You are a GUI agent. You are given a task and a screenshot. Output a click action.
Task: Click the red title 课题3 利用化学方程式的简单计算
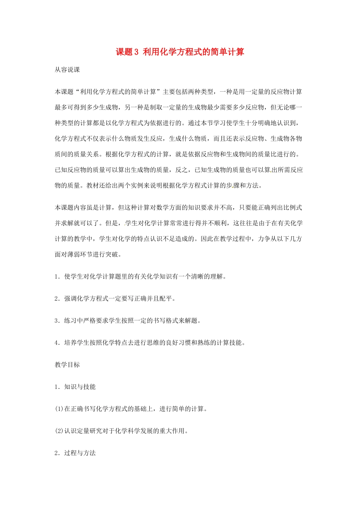pos(180,52)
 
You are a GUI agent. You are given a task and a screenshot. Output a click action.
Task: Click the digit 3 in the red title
pos(137,52)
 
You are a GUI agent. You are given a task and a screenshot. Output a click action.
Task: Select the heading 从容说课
pos(67,70)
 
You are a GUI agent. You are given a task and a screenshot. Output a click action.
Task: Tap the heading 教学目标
pos(67,365)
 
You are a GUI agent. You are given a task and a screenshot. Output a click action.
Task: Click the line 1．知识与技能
pos(75,387)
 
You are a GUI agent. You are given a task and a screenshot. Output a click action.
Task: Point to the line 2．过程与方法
pos(75,453)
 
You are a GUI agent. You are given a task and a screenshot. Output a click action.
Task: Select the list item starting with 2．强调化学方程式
pos(115,298)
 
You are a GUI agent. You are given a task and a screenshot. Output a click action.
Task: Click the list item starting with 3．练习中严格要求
pos(127,320)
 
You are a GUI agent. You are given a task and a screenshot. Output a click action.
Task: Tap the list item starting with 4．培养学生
pos(150,343)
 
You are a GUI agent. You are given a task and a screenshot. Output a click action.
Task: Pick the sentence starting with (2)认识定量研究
pos(121,431)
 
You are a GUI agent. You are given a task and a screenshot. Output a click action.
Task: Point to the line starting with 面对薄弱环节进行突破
pos(88,254)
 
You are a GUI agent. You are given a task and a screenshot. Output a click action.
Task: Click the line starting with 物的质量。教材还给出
pos(158,185)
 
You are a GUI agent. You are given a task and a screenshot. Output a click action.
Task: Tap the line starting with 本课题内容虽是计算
pos(178,208)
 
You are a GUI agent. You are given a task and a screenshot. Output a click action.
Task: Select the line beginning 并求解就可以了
pos(178,223)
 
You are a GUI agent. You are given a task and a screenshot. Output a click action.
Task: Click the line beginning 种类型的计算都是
pos(178,123)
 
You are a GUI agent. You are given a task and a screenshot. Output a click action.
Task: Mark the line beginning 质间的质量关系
pos(178,154)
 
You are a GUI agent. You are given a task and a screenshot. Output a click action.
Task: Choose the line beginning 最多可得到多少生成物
pos(178,107)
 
